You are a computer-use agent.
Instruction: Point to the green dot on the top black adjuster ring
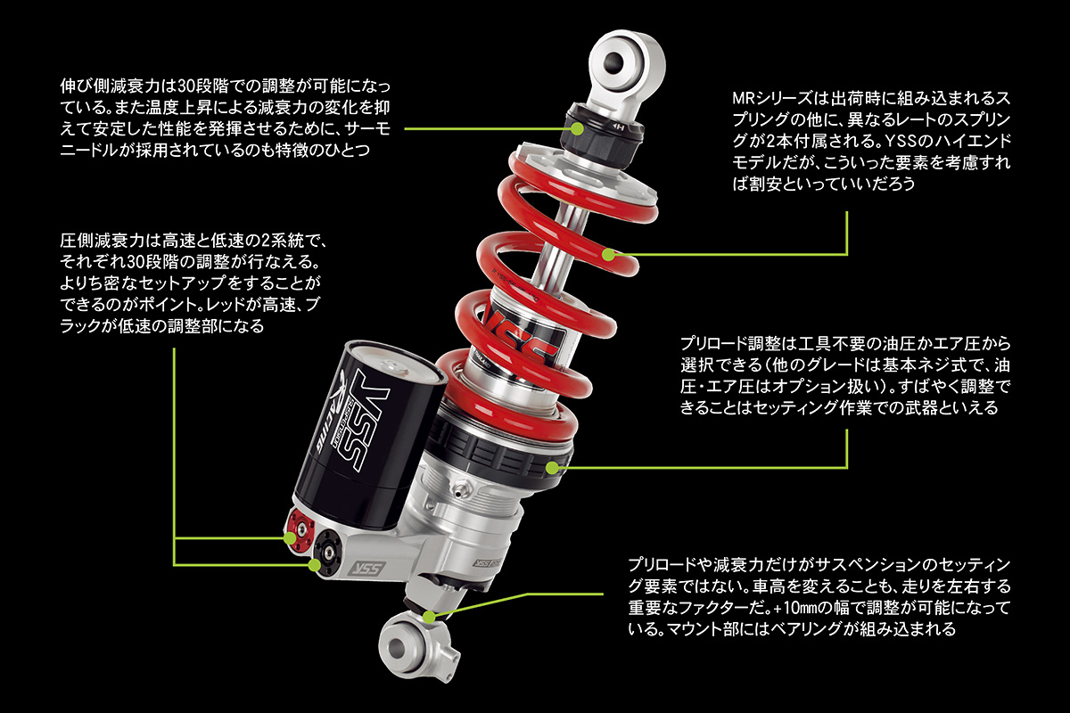(x=578, y=128)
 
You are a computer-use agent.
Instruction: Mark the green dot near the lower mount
(x=430, y=615)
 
